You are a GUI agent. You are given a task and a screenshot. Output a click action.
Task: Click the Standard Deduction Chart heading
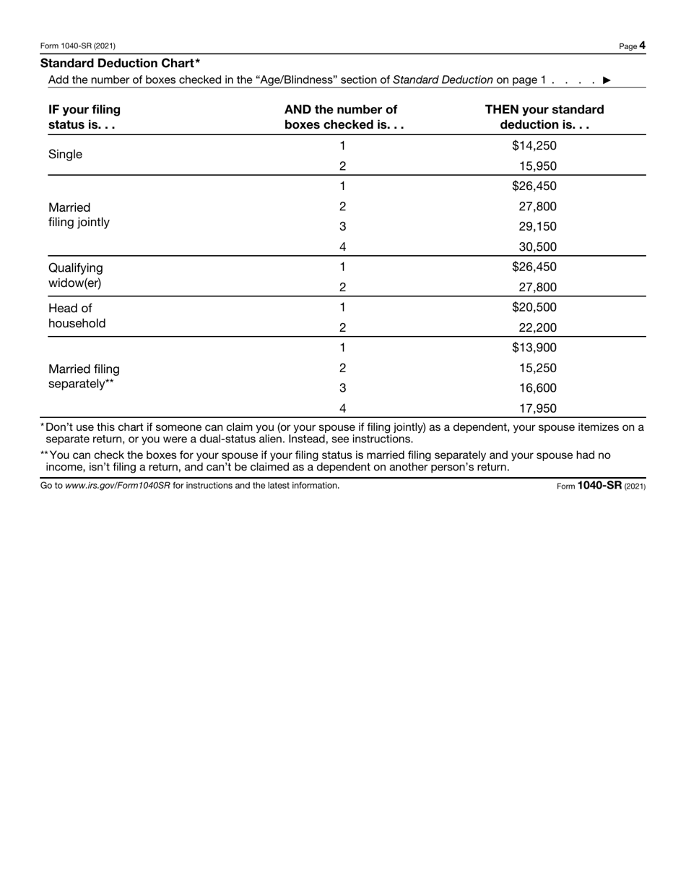120,64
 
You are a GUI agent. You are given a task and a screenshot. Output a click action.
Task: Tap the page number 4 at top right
642,46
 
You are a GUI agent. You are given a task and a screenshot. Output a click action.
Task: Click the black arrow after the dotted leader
607,80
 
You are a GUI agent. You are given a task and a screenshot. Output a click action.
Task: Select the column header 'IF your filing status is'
84,117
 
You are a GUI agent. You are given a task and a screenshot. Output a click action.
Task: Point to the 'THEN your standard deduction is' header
544,117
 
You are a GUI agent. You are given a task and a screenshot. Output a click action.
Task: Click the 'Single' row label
65,155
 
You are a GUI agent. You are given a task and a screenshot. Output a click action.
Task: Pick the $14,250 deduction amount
534,146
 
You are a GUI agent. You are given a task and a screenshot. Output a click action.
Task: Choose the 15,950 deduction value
537,166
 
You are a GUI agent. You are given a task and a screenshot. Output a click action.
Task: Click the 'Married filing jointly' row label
79,215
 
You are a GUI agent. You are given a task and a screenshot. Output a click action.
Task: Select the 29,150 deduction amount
537,227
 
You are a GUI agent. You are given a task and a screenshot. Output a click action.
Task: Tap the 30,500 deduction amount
537,247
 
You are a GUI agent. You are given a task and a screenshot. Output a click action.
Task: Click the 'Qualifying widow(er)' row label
75,275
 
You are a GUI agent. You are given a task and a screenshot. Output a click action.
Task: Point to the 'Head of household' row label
77,316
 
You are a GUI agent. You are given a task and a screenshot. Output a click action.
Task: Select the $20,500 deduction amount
534,307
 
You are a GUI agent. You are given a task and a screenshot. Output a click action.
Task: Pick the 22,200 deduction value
537,327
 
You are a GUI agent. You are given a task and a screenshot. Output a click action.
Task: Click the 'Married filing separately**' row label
84,377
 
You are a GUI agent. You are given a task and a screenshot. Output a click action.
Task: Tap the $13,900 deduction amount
534,348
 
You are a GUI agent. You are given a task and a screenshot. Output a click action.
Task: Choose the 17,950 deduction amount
537,408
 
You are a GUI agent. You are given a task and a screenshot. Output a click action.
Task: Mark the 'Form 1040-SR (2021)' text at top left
78,46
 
